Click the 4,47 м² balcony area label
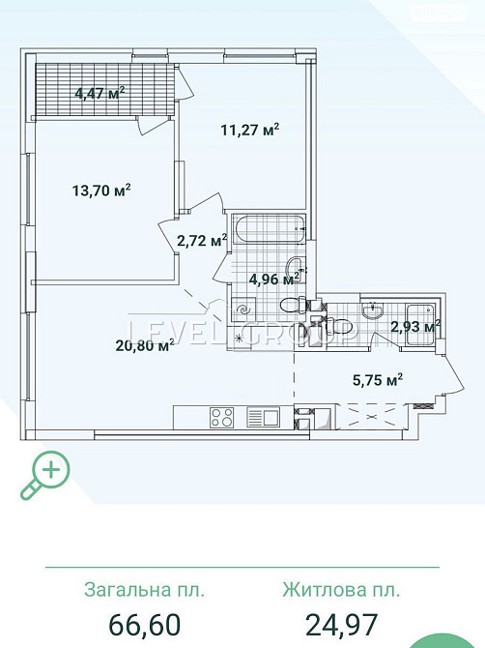(x=100, y=94)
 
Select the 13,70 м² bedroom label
(x=101, y=190)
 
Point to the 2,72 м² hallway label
(x=202, y=239)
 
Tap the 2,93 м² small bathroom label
(x=414, y=326)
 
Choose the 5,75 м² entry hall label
(x=376, y=379)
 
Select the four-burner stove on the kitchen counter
(x=222, y=419)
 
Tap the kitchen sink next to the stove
(x=263, y=418)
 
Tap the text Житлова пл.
(x=340, y=589)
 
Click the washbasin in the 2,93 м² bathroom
(x=372, y=309)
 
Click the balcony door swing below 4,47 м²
(x=151, y=124)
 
